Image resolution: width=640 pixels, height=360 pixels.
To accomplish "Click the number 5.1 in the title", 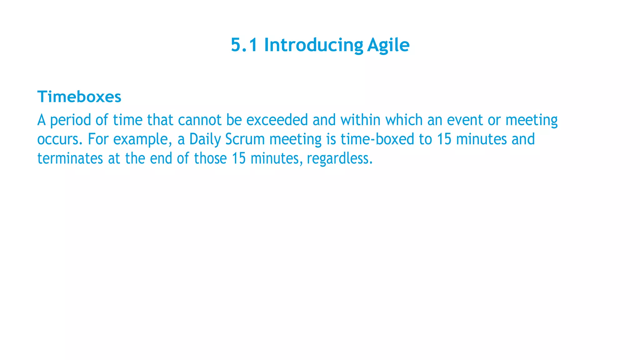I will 244,45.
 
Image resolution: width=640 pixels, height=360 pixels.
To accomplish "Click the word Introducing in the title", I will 313,45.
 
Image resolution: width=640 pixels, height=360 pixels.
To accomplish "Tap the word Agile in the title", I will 388,45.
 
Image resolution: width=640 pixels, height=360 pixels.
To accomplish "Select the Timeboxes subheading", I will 79,97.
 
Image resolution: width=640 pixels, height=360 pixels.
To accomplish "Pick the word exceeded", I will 277,120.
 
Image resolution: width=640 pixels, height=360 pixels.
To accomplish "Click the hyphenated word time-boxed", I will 377,139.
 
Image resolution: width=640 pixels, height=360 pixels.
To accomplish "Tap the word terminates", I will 70,158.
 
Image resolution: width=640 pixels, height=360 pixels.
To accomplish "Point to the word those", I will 210,158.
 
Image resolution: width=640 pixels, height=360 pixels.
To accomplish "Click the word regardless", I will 339,159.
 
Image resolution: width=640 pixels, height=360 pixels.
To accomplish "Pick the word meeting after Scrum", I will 295,140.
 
